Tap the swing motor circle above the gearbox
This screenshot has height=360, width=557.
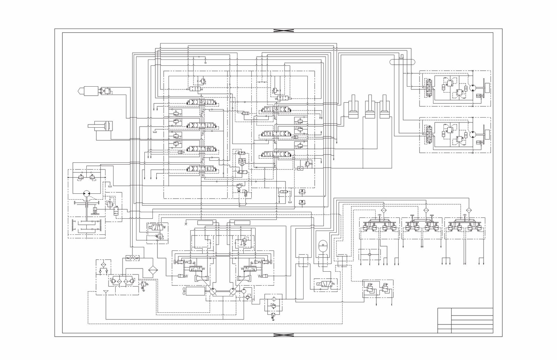87,194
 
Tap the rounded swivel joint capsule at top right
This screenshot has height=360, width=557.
402,62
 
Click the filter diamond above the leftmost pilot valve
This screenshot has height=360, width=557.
384,210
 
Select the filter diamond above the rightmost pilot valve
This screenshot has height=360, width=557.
468,210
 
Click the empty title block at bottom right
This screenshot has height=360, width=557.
465,320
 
